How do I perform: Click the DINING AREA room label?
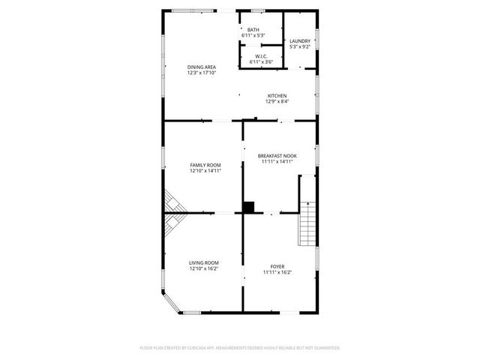202,67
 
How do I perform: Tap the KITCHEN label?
277,95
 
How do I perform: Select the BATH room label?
253,30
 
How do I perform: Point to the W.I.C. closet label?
262,55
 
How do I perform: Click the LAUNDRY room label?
300,41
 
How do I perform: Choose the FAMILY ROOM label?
205,164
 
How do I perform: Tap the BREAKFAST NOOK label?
277,155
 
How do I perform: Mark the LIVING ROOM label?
204,262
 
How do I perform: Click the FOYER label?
277,266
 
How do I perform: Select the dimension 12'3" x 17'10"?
202,73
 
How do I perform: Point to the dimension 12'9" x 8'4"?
277,101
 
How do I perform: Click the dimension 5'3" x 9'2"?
300,46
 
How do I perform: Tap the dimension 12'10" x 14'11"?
205,170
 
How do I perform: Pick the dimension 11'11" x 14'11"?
277,161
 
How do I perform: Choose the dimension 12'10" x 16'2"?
204,268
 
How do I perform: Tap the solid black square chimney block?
249,207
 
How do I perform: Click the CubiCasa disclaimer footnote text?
240,348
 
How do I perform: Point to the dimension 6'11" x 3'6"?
262,61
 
